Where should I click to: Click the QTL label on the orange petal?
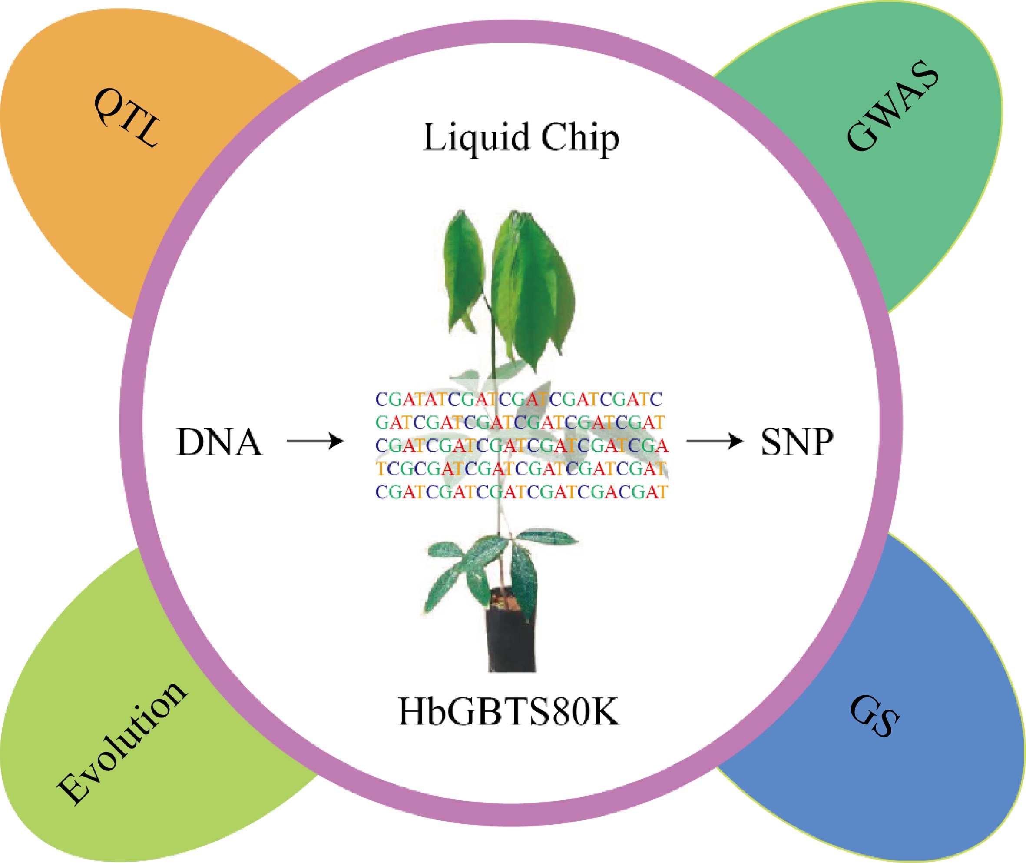(x=126, y=117)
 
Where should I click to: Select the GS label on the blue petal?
(x=874, y=716)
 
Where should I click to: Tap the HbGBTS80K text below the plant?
(x=509, y=712)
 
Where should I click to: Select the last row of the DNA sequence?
(x=521, y=491)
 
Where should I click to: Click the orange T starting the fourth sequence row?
(x=381, y=469)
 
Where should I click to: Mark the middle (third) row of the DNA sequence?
(x=521, y=446)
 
